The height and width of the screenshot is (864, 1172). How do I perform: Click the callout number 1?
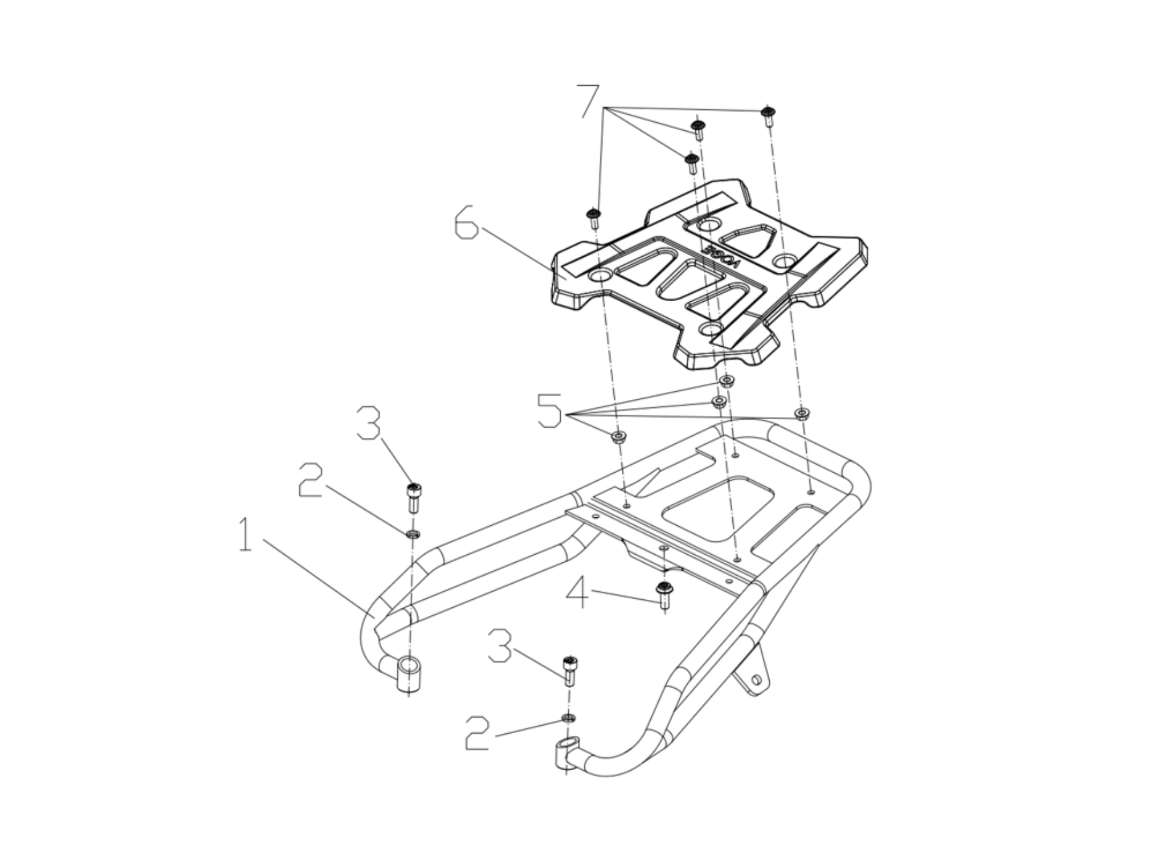246,535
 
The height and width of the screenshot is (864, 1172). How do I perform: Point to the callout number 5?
549,410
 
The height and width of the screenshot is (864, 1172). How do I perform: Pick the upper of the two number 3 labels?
368,423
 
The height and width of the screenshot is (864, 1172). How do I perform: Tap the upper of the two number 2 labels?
311,481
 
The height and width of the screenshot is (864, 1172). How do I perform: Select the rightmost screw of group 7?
768,115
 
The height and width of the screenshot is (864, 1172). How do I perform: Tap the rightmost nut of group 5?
801,413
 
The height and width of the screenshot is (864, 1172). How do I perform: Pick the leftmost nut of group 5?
618,438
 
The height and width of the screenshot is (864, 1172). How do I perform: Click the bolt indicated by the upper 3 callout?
413,496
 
